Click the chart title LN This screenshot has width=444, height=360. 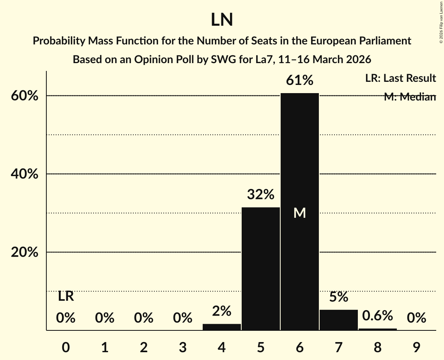[x=222, y=20]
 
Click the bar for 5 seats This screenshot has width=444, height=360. [x=260, y=269]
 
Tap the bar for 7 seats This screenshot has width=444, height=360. [x=338, y=320]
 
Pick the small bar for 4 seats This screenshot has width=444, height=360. [x=221, y=327]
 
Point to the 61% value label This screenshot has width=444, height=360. [x=299, y=80]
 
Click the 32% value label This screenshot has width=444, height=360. [x=260, y=194]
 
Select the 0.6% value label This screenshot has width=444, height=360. [x=377, y=316]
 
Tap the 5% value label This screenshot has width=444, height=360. [x=338, y=297]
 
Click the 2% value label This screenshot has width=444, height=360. [x=221, y=311]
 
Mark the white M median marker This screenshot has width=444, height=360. [x=299, y=213]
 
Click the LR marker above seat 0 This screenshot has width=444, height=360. [x=65, y=296]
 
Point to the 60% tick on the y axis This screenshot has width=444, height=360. [x=25, y=96]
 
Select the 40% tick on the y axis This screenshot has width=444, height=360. [x=25, y=174]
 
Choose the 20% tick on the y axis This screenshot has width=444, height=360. [x=25, y=252]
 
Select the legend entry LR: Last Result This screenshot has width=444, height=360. [x=400, y=78]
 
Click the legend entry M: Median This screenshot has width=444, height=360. [x=410, y=97]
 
